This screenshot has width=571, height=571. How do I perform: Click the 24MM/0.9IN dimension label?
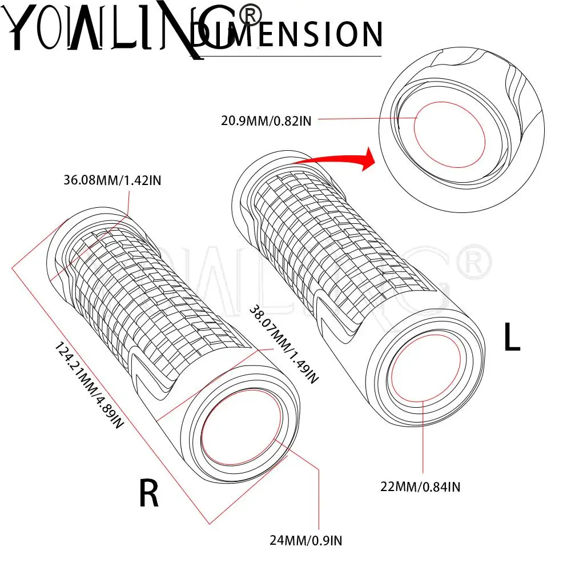pos(307,539)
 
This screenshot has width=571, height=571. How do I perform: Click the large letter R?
pos(149,494)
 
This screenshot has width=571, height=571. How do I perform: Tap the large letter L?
pos(512,338)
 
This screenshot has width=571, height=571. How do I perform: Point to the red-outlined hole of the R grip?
pos(241,429)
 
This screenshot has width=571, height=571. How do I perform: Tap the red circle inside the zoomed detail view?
pos(449,135)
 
